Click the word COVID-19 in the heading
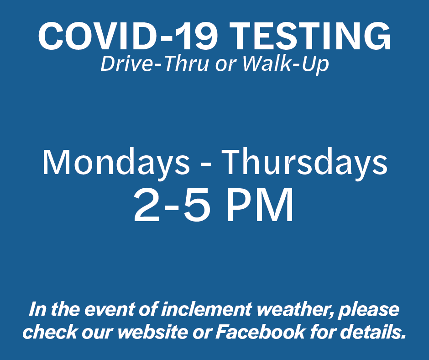tap(128, 36)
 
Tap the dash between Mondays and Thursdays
tap(206, 165)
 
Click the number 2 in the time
tap(146, 205)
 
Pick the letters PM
tap(260, 205)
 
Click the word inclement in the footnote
tap(206, 309)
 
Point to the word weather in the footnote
tap(295, 310)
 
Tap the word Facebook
tap(261, 332)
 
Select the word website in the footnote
tap(153, 332)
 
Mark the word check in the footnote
tap(50, 332)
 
